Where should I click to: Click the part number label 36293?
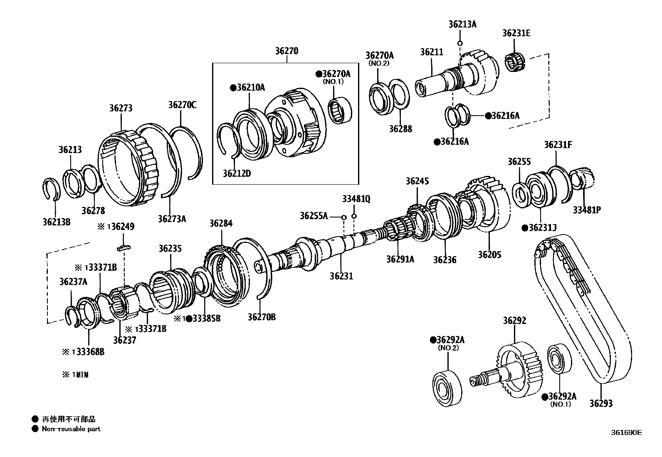[601, 403]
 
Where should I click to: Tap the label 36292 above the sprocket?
[514, 321]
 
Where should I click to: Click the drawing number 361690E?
[626, 432]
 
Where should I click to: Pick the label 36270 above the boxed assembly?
[287, 51]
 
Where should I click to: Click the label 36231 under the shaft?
[341, 276]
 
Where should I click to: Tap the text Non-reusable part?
[71, 429]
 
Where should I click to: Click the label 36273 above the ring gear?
[121, 108]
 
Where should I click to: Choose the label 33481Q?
[356, 199]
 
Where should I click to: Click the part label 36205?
[489, 254]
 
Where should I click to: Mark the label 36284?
[221, 223]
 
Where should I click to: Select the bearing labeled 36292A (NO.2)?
[447, 386]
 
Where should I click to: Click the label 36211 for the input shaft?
[432, 52]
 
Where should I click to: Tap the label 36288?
[400, 129]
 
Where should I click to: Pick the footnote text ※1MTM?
[75, 375]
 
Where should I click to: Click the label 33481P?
[587, 210]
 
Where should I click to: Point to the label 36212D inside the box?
[237, 173]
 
